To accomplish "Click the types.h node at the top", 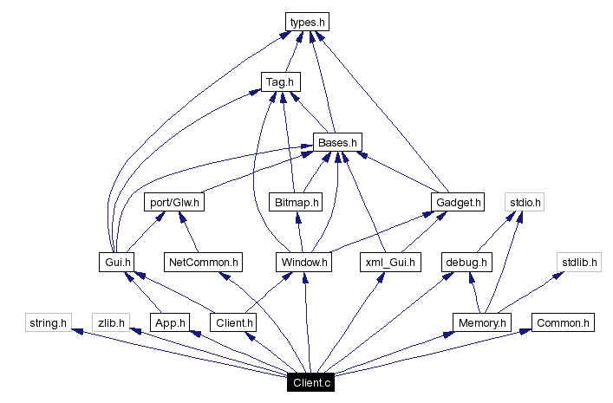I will click(309, 21).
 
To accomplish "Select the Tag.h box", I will click(280, 81).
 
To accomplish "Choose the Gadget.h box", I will click(457, 203).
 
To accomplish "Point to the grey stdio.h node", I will click(525, 203).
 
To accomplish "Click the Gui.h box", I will click(115, 262).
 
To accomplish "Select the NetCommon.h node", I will click(203, 262).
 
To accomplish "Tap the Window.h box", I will click(303, 262).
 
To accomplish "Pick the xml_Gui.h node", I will click(389, 262).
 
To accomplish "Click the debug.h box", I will click(466, 262).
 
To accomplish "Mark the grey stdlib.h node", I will click(578, 262).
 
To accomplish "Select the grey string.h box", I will click(46, 322).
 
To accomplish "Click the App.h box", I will click(168, 322).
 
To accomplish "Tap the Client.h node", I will click(233, 322).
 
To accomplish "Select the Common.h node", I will click(563, 322).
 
